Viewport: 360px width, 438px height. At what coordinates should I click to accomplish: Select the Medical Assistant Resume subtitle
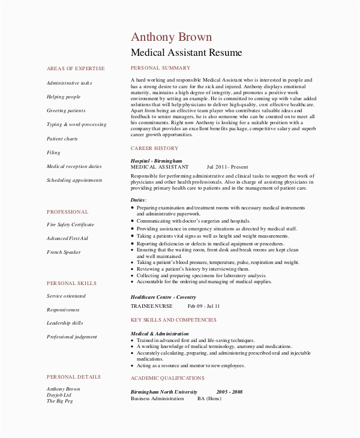coord(186,53)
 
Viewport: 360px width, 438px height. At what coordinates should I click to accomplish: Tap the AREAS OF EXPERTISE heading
coord(75,69)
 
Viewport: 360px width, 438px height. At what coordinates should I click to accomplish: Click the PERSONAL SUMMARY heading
coord(160,68)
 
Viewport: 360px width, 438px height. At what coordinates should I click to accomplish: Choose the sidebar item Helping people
coord(63,97)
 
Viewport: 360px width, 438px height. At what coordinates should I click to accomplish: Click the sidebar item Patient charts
coord(62,139)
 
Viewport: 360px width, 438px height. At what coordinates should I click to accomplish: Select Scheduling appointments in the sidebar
coord(74,180)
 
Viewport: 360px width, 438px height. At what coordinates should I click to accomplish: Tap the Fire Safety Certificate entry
coord(70,224)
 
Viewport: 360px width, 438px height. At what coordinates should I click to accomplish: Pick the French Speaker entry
coord(64,252)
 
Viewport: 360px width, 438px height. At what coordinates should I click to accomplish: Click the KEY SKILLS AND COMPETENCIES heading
coord(173,320)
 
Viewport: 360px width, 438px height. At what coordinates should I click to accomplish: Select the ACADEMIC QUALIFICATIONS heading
coord(167,378)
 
